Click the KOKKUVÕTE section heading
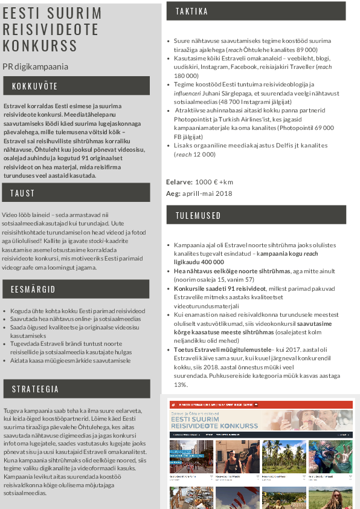point(35,86)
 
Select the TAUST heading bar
point(23,193)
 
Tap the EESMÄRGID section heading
point(33,290)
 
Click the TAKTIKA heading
point(192,11)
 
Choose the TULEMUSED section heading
point(198,216)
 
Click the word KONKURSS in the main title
point(40,46)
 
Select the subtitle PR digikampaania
point(35,66)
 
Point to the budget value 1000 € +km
point(214,182)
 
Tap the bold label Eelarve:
point(179,182)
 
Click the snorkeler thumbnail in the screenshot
point(330,456)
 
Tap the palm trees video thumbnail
point(284,456)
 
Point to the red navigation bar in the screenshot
point(261,404)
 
